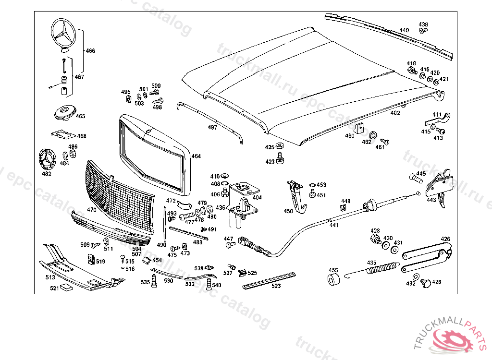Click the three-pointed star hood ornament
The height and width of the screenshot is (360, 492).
63,34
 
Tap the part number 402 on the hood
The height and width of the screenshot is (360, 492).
395,113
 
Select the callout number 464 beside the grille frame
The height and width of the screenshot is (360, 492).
196,156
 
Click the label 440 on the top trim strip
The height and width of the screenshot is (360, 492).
404,30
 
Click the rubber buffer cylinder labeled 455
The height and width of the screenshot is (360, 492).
333,280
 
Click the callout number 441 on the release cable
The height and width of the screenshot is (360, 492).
334,225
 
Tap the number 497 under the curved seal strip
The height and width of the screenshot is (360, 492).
212,128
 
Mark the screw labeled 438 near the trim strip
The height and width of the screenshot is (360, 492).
423,31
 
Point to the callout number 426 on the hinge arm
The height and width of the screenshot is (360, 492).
445,239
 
